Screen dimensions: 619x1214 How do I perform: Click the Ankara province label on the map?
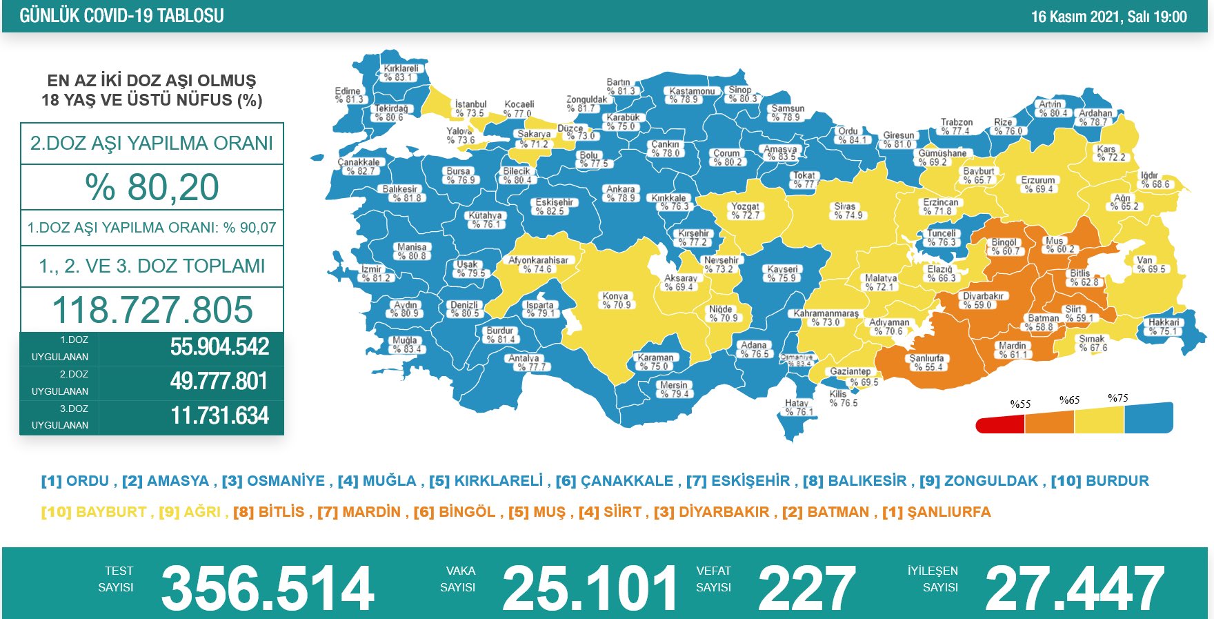click(x=621, y=193)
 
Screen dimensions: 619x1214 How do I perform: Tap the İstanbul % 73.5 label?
click(x=470, y=109)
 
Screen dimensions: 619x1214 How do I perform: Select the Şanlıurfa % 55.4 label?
click(x=926, y=363)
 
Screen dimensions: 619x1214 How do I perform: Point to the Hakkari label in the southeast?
click(x=1164, y=327)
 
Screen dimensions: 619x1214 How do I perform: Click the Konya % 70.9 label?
click(x=616, y=300)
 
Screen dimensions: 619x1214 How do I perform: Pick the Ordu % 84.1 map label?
click(x=849, y=135)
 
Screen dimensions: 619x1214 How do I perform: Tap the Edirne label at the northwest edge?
click(x=348, y=95)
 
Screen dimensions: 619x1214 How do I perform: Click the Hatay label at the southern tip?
click(x=797, y=408)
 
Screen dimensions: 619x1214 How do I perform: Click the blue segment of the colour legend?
click(x=1148, y=418)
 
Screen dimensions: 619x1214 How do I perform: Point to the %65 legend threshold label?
click(x=1069, y=400)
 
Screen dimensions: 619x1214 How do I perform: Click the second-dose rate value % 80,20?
click(x=152, y=188)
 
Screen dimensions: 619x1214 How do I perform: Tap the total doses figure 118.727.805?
click(x=152, y=310)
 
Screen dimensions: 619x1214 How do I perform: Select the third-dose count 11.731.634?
click(x=219, y=416)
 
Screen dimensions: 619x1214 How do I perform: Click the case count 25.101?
click(x=590, y=589)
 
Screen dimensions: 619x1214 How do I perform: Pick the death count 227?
click(x=806, y=589)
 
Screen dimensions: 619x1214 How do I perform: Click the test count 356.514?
click(x=267, y=589)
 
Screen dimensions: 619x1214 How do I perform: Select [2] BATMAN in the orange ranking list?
click(x=826, y=512)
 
